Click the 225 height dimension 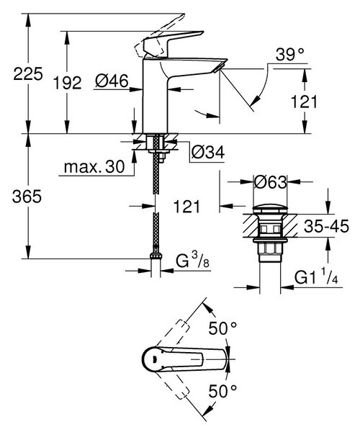point(28,74)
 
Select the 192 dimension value point(68,83)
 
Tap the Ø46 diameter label point(112,81)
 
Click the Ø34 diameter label point(208,152)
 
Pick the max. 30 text point(94,167)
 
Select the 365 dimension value point(27,197)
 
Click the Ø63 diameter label point(270,182)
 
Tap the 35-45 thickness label point(326,226)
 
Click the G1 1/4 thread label point(316,277)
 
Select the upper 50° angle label point(222,328)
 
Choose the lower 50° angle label point(222,391)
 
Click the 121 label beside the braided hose point(186,207)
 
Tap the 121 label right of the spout point(304,102)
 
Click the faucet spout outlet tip point(218,69)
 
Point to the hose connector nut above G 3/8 point(156,256)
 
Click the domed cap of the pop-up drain point(270,209)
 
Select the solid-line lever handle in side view point(174,44)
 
